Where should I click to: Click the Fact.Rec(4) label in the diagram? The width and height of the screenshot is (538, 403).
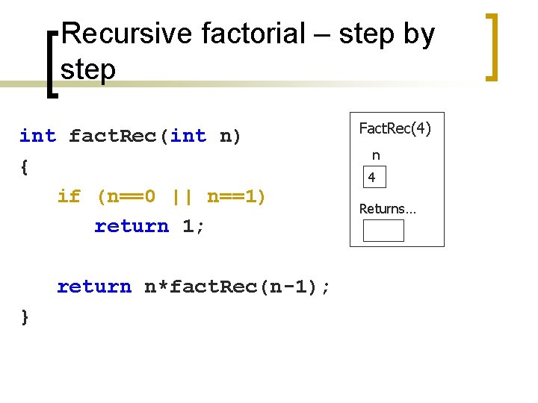click(395, 128)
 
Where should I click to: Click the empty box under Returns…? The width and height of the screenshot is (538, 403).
click(383, 231)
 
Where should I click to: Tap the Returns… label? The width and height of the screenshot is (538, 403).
click(388, 209)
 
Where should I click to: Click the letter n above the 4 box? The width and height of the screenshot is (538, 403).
click(376, 156)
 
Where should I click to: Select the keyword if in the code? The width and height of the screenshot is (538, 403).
click(69, 196)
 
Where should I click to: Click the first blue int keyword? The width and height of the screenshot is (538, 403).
click(37, 136)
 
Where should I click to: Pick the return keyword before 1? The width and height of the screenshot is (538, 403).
click(132, 226)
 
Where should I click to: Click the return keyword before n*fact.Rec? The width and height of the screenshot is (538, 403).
click(94, 287)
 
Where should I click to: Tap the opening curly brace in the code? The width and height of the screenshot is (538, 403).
click(25, 167)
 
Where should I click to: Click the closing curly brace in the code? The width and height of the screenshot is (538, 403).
click(25, 316)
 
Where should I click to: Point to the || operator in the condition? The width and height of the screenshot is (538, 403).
click(182, 196)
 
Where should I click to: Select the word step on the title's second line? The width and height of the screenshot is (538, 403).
click(88, 70)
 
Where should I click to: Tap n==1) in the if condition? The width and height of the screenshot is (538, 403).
click(236, 196)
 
